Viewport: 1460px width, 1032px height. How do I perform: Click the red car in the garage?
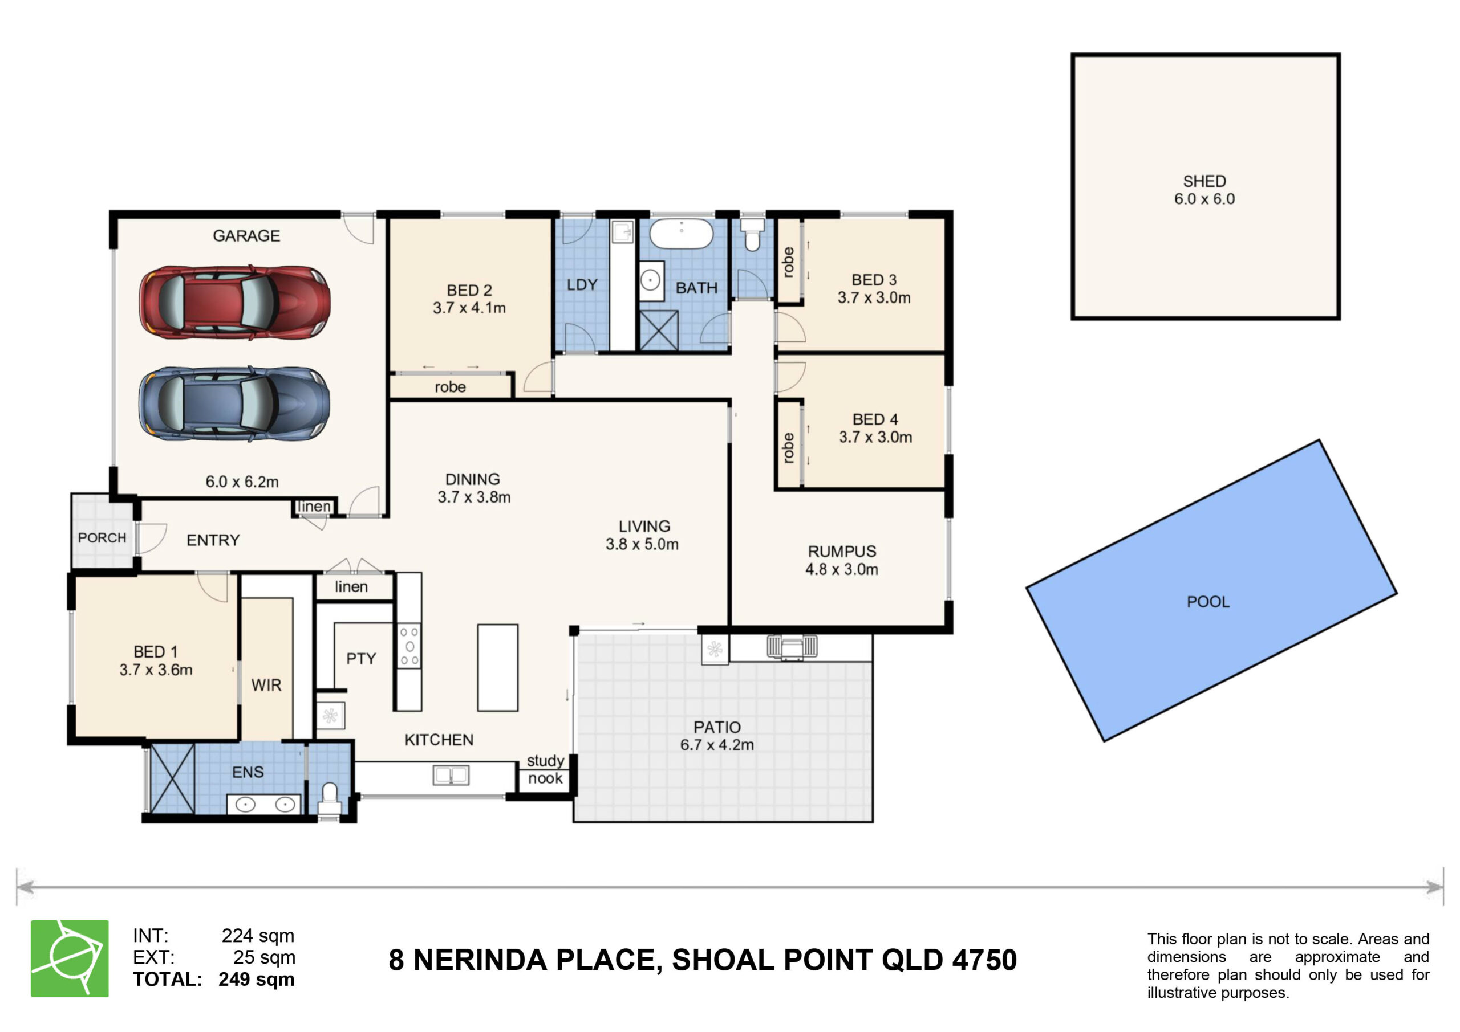pos(234,302)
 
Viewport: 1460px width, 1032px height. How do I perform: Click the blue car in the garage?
pos(234,403)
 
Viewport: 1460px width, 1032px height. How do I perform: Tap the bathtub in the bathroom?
pos(681,234)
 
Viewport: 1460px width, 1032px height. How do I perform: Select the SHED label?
pos(1204,181)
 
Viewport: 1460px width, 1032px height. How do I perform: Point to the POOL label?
pos(1208,602)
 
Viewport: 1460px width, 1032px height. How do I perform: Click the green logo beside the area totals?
pos(70,958)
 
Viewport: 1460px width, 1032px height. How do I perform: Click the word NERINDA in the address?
pos(533,960)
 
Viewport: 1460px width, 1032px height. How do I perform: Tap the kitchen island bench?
pos(498,667)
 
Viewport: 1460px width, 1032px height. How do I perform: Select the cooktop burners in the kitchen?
pos(409,646)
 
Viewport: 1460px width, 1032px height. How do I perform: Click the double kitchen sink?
pos(451,774)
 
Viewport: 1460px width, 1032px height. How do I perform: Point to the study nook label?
pos(546,769)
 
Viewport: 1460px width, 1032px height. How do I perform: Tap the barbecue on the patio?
pos(792,647)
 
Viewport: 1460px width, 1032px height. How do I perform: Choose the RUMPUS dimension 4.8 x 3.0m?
pos(842,569)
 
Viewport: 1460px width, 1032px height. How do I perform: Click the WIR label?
pos(266,685)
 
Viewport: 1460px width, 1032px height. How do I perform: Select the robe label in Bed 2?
pos(450,387)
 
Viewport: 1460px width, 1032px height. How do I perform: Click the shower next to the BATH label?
pos(659,330)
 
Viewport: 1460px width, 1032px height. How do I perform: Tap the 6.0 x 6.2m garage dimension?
pos(242,482)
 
